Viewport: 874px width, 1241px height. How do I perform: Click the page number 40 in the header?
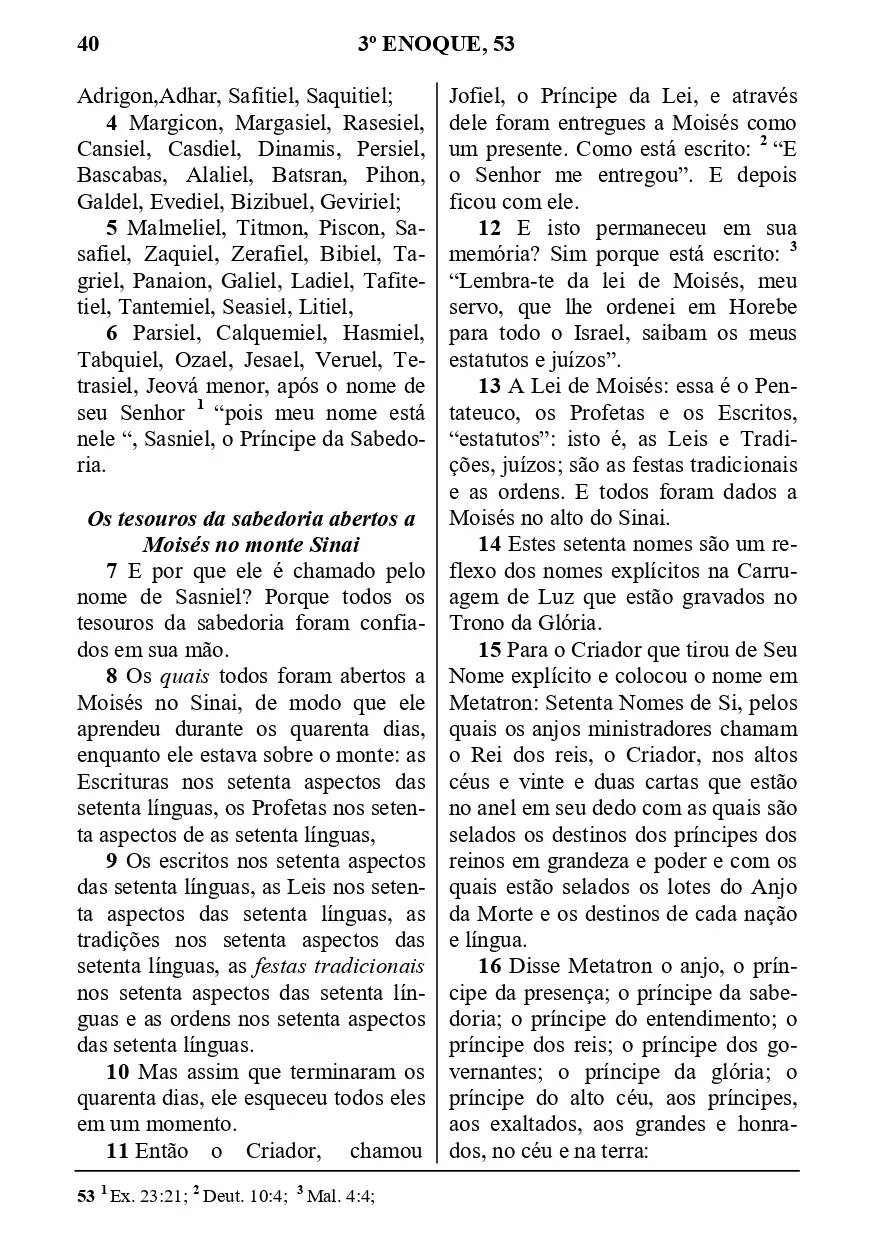click(x=87, y=44)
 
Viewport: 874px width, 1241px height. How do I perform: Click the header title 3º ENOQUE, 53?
click(x=435, y=44)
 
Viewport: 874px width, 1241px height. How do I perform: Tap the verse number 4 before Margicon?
click(x=112, y=124)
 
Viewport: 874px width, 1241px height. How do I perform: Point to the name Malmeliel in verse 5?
click(x=167, y=227)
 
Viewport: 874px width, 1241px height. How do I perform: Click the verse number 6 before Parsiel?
click(x=112, y=332)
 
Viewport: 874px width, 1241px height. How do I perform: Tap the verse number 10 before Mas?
click(x=117, y=1073)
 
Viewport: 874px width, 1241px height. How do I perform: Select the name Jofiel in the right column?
click(x=477, y=97)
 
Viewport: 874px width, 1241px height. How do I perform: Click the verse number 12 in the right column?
click(x=490, y=227)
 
